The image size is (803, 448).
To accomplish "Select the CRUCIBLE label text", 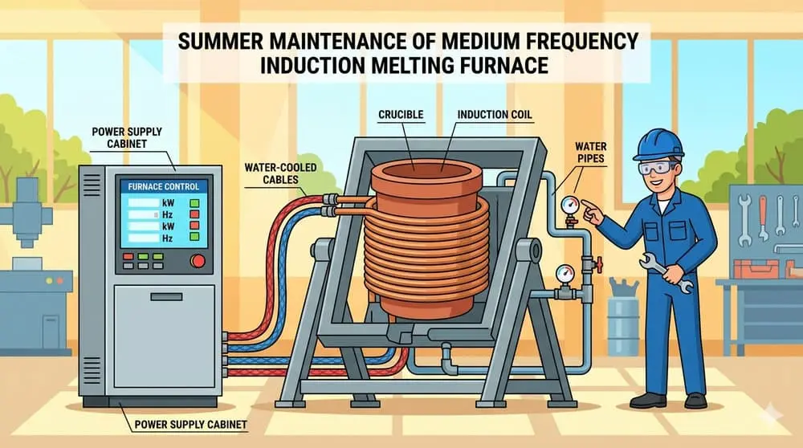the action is coord(401,115).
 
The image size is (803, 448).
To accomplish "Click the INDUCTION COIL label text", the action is coord(495,115).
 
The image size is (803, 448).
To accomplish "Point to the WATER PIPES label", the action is coord(590,153).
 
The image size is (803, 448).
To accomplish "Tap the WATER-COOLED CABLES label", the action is coord(280,173).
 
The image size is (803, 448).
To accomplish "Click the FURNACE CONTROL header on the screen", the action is coord(163,187).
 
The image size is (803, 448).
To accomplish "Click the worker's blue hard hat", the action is coord(658,145).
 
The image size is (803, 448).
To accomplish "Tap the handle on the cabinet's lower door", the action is coord(166,297).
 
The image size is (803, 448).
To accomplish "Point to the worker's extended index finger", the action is coord(589,206).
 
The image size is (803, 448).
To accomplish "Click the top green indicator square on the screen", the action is coord(194,203).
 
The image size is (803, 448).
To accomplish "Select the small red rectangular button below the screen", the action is coord(128,256).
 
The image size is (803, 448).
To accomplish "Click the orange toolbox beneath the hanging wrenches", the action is coord(756,269).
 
